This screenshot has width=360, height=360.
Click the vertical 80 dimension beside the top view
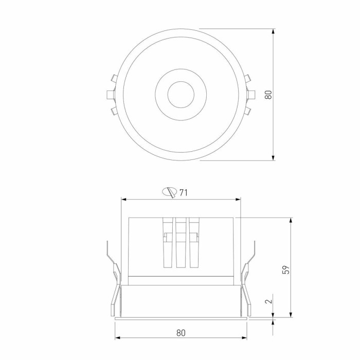coord(268,94)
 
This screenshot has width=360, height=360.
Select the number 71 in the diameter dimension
coord(183,192)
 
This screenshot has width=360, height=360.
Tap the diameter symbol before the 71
coord(169,192)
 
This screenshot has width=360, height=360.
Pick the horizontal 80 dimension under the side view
coord(181,332)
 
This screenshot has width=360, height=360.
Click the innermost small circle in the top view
coord(181,95)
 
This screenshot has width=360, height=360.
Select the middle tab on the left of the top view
coord(110,95)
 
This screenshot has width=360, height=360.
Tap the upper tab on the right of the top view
coord(248,79)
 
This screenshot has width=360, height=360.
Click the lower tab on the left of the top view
coord(113,111)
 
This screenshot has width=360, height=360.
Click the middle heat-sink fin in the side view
coord(181,243)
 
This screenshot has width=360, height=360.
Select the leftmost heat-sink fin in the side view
coord(167,243)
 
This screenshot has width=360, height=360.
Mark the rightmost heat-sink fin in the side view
coord(194,243)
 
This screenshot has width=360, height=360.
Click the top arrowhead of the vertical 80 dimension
coord(273,32)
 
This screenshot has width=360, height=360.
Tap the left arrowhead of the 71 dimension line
coord(124,199)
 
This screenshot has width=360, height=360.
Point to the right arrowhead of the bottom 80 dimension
coord(244,338)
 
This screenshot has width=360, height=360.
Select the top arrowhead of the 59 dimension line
coord(291,221)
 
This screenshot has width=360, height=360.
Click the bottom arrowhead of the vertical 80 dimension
coord(273,157)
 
